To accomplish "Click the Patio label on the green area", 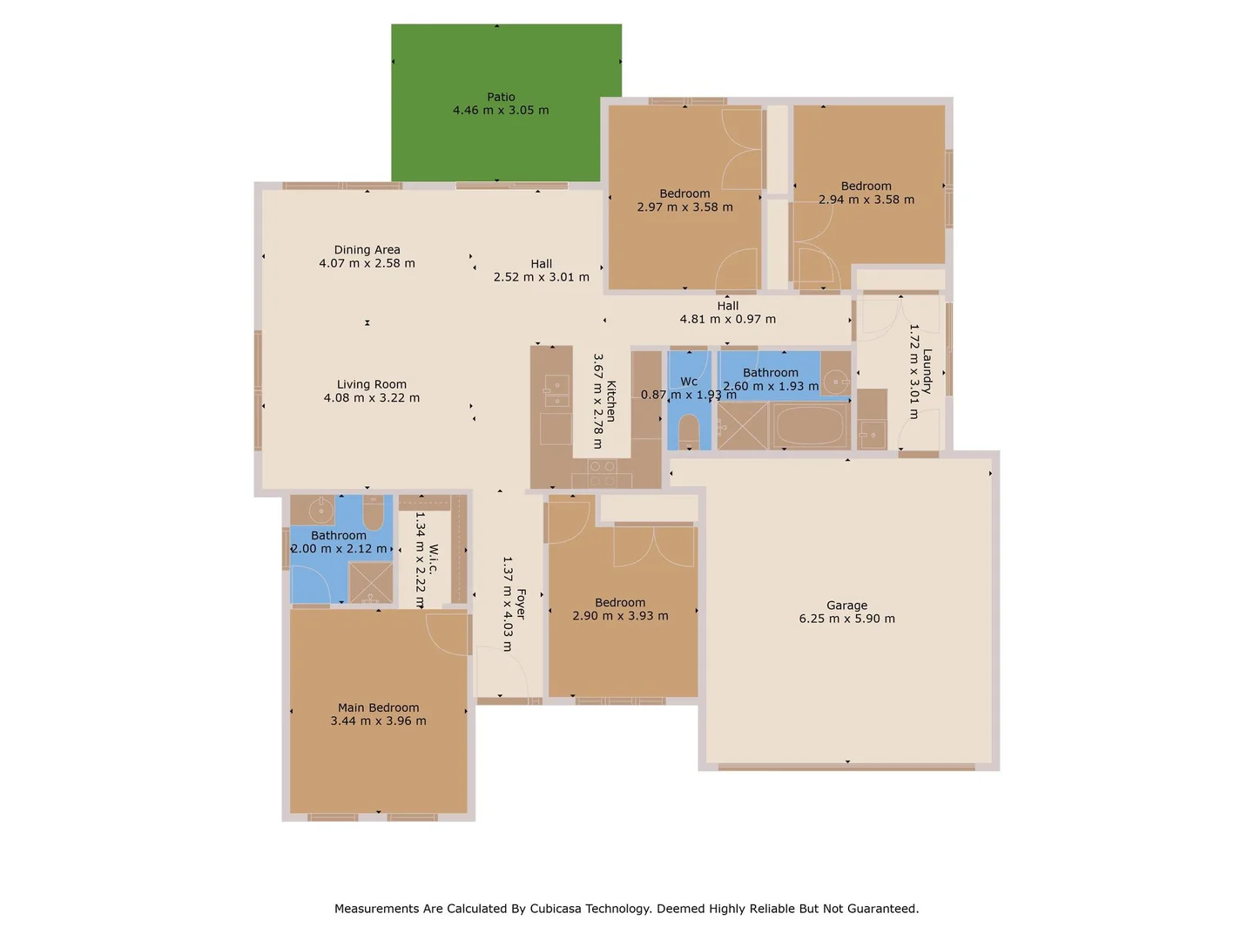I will (x=501, y=97).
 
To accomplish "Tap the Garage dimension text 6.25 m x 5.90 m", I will (x=846, y=619).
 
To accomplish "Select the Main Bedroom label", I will (x=378, y=707).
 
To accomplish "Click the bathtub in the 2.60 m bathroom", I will (x=810, y=425).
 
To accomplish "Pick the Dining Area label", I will (x=367, y=249).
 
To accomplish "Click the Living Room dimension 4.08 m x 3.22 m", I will (x=372, y=398).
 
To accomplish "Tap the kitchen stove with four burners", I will (x=602, y=472).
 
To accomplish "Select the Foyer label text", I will (x=521, y=603).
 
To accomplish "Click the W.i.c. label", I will (x=433, y=559).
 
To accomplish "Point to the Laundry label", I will (x=927, y=371).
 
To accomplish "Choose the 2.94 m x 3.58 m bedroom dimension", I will (x=866, y=200).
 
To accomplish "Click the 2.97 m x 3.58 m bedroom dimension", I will (x=684, y=207).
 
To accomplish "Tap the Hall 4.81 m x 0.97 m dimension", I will (x=727, y=319).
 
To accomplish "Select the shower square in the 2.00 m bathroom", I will (x=371, y=582).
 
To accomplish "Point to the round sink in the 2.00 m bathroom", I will (x=320, y=509).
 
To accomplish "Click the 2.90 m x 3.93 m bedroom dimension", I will (x=620, y=616).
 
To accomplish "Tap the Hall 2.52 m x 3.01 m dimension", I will (x=541, y=277).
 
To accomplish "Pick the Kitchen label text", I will (x=611, y=401).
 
